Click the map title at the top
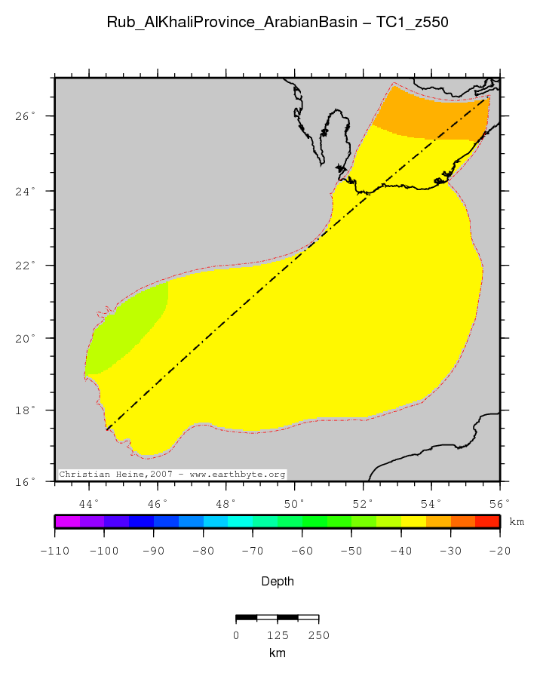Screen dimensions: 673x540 (278, 23)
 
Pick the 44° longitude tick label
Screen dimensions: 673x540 (89, 503)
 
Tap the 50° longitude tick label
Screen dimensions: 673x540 (294, 503)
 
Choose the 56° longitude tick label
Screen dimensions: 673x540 (499, 503)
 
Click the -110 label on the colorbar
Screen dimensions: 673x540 (54, 551)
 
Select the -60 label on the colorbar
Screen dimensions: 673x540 (302, 551)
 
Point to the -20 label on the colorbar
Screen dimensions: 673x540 (499, 551)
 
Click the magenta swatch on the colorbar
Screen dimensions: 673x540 (67, 521)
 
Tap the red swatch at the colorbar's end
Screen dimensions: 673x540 (487, 521)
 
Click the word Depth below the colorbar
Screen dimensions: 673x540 (278, 582)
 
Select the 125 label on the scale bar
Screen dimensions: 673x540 (278, 635)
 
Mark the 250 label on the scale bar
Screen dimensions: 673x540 (318, 635)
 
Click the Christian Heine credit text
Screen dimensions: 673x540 (172, 475)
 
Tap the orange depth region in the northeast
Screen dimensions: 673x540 (430, 117)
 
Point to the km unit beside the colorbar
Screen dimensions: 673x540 (517, 521)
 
